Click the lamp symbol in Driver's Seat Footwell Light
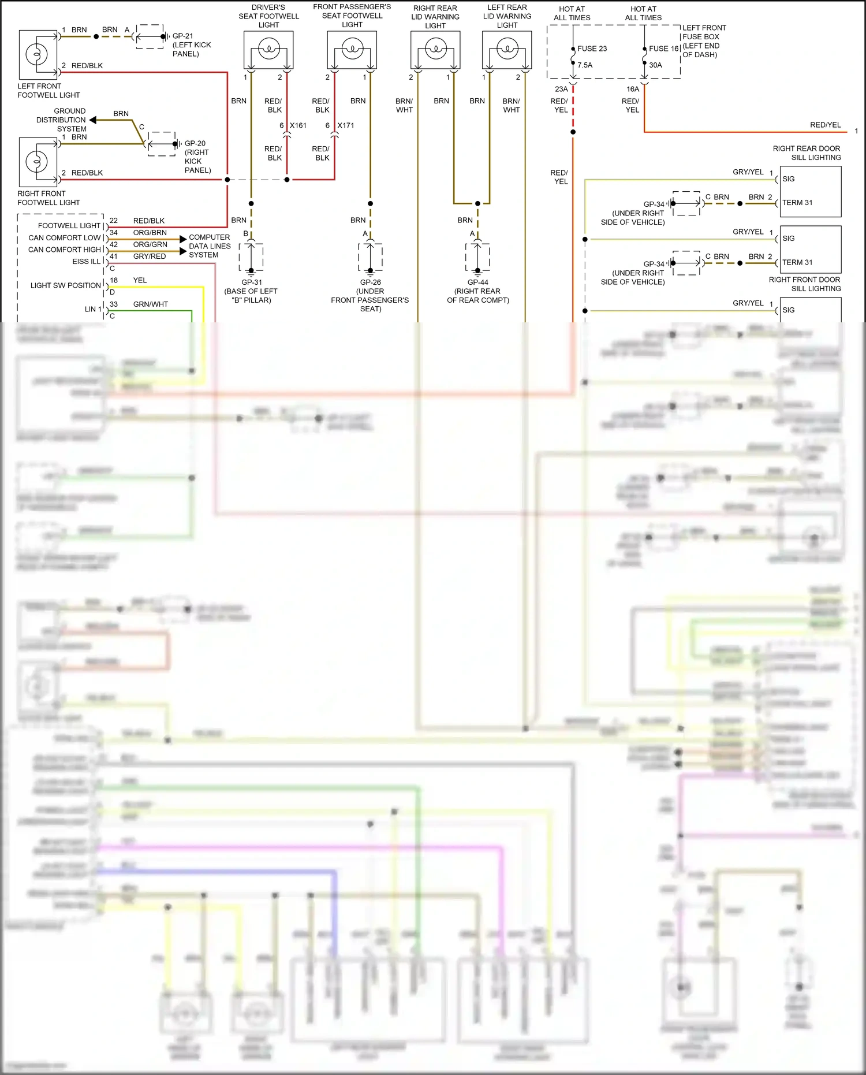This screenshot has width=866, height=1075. pyautogui.click(x=268, y=49)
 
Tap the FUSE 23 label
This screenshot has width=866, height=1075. pyautogui.click(x=592, y=49)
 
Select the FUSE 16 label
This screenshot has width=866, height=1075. pyautogui.click(x=663, y=49)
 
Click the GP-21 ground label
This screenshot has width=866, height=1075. pyautogui.click(x=183, y=36)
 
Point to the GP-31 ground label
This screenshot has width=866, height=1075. pyautogui.click(x=252, y=282)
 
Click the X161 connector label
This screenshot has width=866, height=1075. pyautogui.click(x=298, y=125)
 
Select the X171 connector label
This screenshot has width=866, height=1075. pyautogui.click(x=346, y=125)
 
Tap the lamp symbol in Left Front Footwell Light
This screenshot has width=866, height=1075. pyautogui.click(x=36, y=55)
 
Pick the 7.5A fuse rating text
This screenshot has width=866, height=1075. pyautogui.click(x=585, y=65)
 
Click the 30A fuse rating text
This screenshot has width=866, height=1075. pyautogui.click(x=655, y=65)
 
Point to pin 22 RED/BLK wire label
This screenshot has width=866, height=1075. pyautogui.click(x=148, y=221)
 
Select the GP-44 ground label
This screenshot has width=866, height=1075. pyautogui.click(x=478, y=282)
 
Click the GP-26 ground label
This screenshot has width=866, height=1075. pyautogui.click(x=371, y=282)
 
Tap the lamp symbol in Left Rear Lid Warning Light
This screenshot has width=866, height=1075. pyautogui.click(x=507, y=49)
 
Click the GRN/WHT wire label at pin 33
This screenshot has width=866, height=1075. pyautogui.click(x=150, y=304)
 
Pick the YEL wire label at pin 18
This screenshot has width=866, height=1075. pyautogui.click(x=140, y=280)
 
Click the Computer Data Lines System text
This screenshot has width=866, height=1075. pyautogui.click(x=210, y=246)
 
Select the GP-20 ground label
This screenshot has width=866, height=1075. pyautogui.click(x=195, y=143)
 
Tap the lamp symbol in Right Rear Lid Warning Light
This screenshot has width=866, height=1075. pyautogui.click(x=435, y=49)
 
